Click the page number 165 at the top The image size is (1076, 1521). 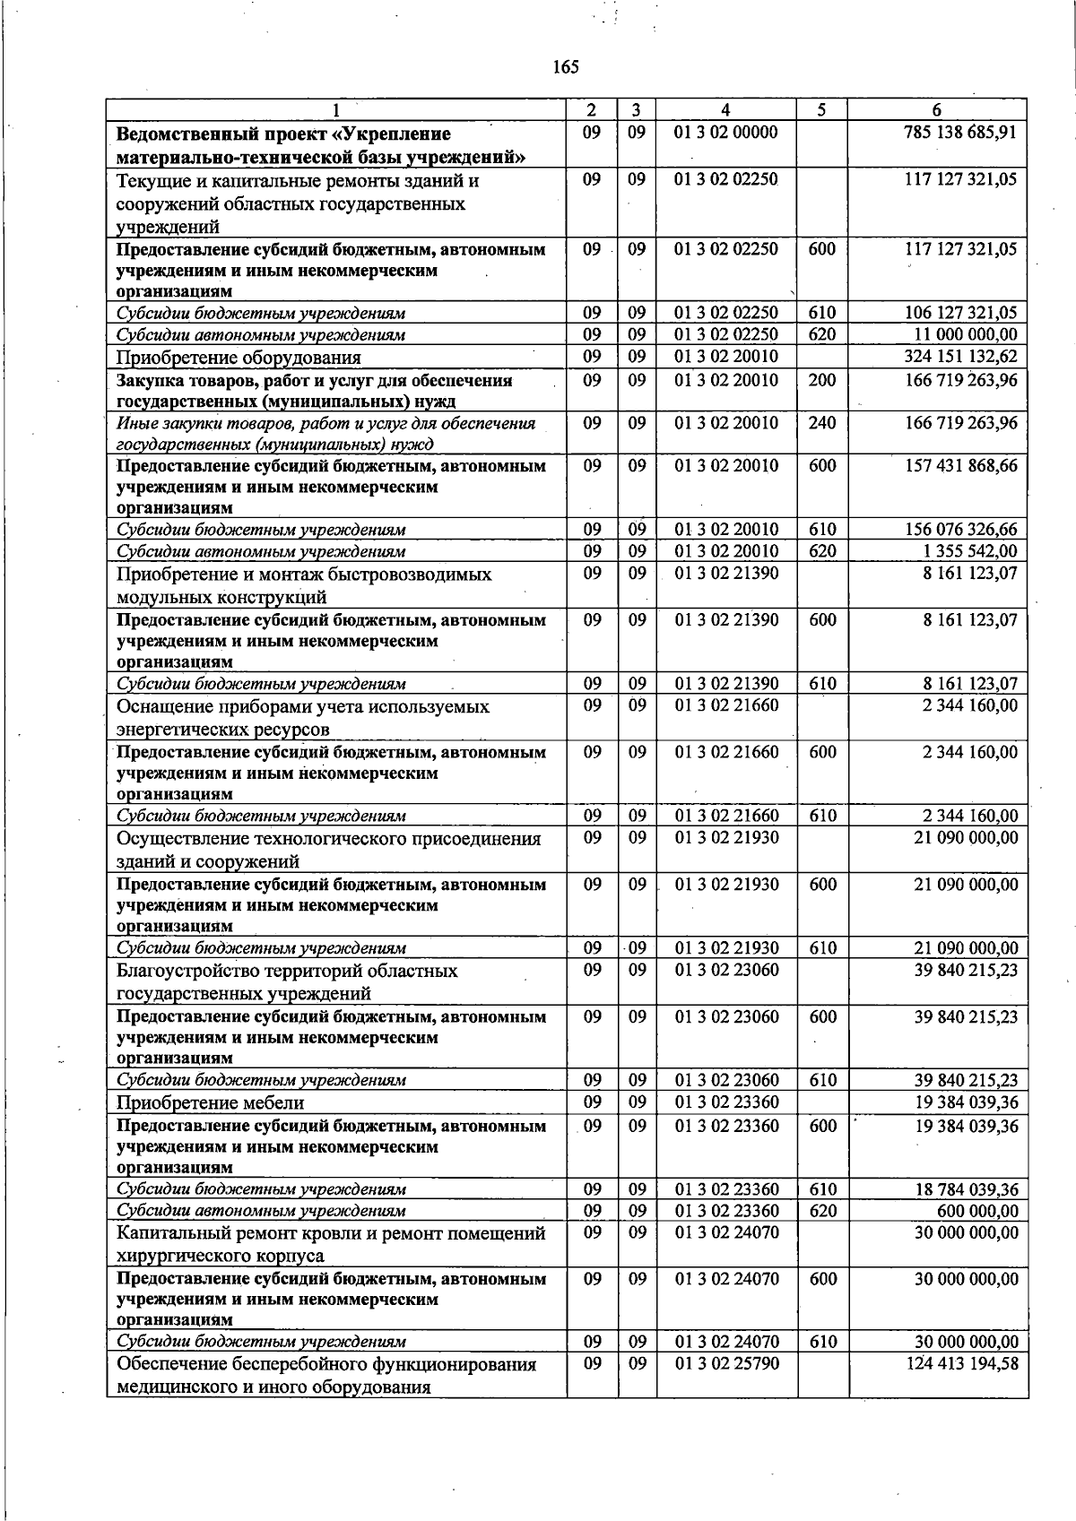[x=566, y=67]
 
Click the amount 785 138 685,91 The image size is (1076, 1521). [x=960, y=133]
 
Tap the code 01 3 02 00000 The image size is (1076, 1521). [x=726, y=133]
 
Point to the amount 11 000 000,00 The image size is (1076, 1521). [x=966, y=334]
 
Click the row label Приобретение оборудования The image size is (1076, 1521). [x=239, y=358]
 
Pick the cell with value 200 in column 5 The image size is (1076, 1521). [x=821, y=380]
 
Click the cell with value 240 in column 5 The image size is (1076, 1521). [x=821, y=423]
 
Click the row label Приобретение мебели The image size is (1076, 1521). [x=210, y=1102]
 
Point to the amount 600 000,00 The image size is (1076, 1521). [x=976, y=1211]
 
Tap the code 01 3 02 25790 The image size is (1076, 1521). [x=726, y=1364]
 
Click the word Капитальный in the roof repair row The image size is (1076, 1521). [x=172, y=1233]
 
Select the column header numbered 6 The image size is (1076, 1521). [x=936, y=110]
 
